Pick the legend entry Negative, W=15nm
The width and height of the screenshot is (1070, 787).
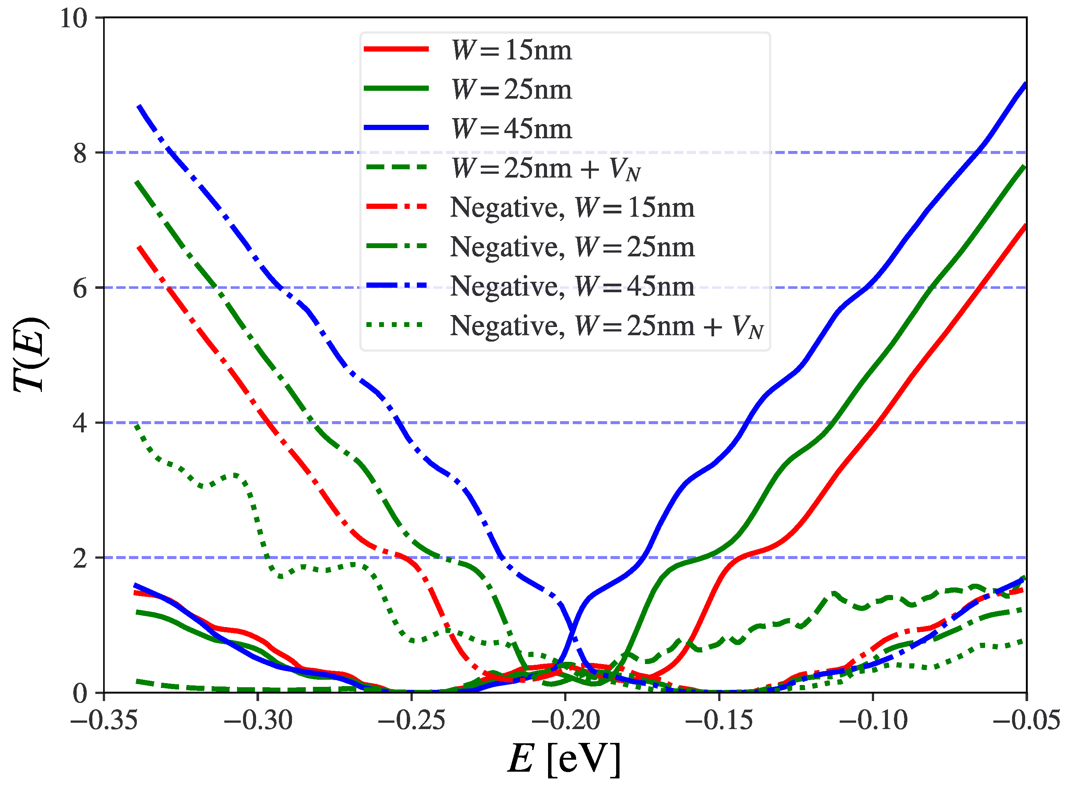pyautogui.click(x=572, y=208)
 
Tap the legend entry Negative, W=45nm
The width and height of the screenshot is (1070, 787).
pyautogui.click(x=572, y=287)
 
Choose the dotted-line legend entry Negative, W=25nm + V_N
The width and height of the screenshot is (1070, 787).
pyautogui.click(x=605, y=326)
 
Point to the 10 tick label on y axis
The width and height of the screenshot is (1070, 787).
pyautogui.click(x=74, y=19)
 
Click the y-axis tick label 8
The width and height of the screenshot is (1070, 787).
pyautogui.click(x=80, y=153)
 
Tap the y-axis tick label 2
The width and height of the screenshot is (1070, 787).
pyautogui.click(x=80, y=558)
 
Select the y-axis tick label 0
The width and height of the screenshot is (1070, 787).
pyautogui.click(x=80, y=693)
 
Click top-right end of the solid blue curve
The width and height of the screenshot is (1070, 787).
pyautogui.click(x=1025, y=84)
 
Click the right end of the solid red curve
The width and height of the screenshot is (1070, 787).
pyautogui.click(x=1025, y=226)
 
